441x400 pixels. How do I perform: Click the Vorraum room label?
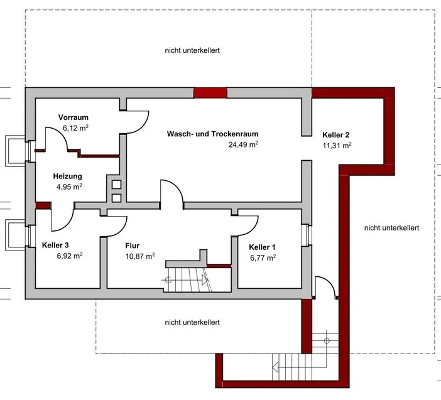click(x=73, y=117)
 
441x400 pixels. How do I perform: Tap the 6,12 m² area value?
click(x=75, y=127)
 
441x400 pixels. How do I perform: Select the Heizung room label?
click(x=67, y=176)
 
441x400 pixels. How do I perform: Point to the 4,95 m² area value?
click(x=69, y=186)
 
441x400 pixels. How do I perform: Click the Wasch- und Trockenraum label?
click(x=212, y=134)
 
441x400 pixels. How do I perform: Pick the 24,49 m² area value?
click(x=244, y=144)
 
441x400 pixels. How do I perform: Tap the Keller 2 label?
click(x=335, y=135)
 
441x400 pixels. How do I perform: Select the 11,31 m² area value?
click(x=337, y=145)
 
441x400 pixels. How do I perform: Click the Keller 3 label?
click(x=55, y=246)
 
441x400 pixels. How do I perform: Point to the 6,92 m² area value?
click(x=69, y=256)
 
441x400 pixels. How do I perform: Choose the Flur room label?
click(x=132, y=246)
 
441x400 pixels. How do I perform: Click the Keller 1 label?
click(x=262, y=247)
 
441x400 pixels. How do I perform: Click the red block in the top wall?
click(x=209, y=93)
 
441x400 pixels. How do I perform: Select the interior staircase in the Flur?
click(x=188, y=278)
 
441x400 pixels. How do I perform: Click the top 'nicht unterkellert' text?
click(x=192, y=50)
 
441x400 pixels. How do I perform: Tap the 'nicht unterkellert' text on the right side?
click(x=391, y=227)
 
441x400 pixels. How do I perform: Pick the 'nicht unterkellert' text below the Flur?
click(x=192, y=322)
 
